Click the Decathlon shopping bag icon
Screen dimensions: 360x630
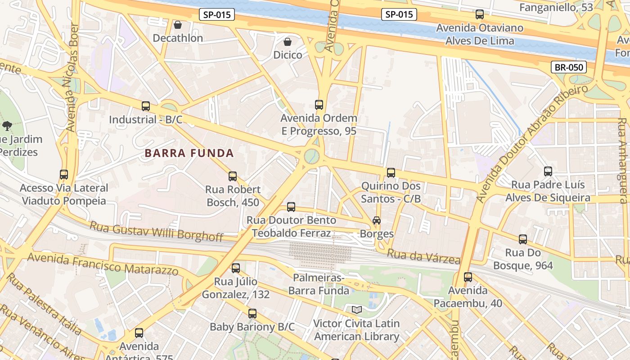pyautogui.click(x=178, y=24)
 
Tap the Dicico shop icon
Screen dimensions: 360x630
pyautogui.click(x=288, y=42)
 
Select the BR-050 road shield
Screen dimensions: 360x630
pyautogui.click(x=569, y=67)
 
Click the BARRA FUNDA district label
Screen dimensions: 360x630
pyautogui.click(x=189, y=153)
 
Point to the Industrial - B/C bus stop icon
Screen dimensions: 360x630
pyautogui.click(x=146, y=106)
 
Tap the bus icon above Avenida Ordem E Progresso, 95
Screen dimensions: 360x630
pyautogui.click(x=319, y=105)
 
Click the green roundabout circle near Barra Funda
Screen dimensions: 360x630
pyautogui.click(x=311, y=156)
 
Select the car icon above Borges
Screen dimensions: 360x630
pyautogui.click(x=377, y=220)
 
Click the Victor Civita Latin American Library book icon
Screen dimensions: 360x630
pyautogui.click(x=357, y=310)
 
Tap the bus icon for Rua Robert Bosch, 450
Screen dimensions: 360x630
pyautogui.click(x=233, y=176)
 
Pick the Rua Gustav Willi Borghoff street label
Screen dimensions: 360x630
pyautogui.click(x=156, y=231)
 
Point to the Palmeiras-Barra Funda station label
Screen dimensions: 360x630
pyautogui.click(x=319, y=284)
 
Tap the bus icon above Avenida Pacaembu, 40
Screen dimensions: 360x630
pyautogui.click(x=468, y=277)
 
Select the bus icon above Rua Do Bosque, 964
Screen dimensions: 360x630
pyautogui.click(x=523, y=239)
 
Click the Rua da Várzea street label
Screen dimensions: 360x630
pyautogui.click(x=423, y=257)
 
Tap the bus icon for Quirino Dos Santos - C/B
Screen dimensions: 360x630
pyautogui.click(x=391, y=172)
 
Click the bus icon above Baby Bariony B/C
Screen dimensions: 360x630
pyautogui.click(x=252, y=313)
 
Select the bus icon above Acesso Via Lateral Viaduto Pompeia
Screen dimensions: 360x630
pyautogui.click(x=64, y=174)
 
